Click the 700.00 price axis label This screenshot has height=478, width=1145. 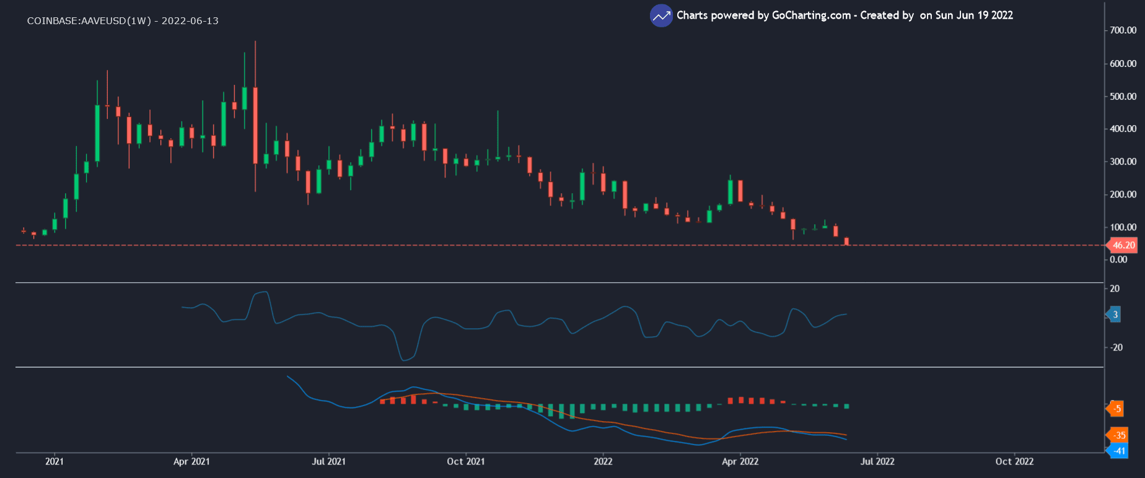(x=1123, y=30)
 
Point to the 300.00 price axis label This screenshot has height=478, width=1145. (x=1123, y=162)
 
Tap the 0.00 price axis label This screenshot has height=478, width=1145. (x=1118, y=259)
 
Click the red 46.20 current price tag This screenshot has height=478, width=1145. (x=1123, y=245)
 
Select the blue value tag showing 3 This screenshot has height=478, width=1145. (x=1115, y=315)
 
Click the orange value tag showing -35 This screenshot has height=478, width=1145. (x=1119, y=435)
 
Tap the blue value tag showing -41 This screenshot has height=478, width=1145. (x=1119, y=451)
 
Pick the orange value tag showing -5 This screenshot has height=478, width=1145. (x=1116, y=409)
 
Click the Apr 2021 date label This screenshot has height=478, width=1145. (x=191, y=461)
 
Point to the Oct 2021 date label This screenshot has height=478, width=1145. (x=466, y=461)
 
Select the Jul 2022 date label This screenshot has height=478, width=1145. (x=877, y=461)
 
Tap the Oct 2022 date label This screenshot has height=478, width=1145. (x=1014, y=461)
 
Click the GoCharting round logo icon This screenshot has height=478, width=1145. (x=661, y=15)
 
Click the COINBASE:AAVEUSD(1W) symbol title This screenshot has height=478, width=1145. (x=89, y=21)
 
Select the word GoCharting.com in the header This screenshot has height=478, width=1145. (x=811, y=15)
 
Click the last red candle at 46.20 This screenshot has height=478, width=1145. (x=846, y=241)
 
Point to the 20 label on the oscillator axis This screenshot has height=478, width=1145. (x=1115, y=289)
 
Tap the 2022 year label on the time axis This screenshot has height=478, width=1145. (x=603, y=461)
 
